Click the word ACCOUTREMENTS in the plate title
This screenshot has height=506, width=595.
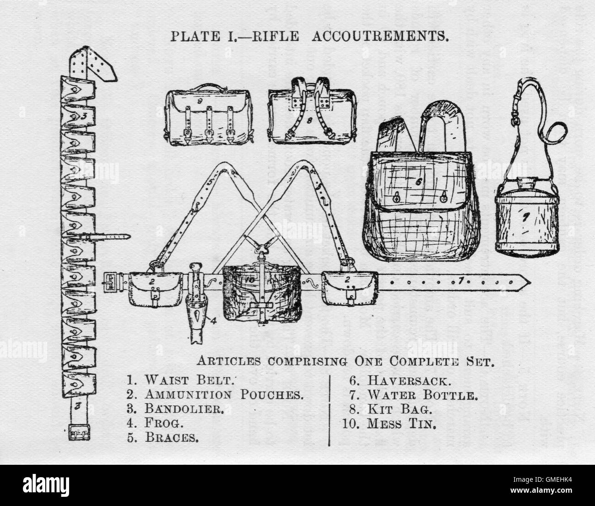pos(380,37)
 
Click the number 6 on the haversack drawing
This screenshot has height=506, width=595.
pos(417,181)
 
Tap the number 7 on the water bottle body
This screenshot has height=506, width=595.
pos(526,218)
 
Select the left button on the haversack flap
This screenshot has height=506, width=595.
pos(396,198)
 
